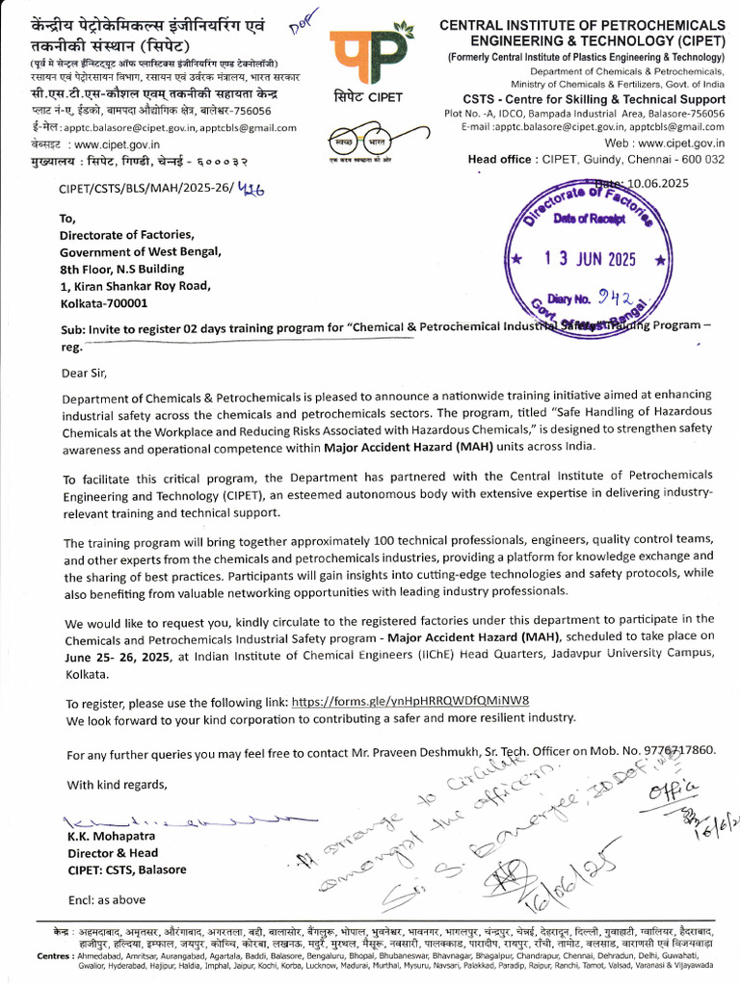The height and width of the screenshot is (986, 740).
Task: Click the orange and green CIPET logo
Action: [x=367, y=58]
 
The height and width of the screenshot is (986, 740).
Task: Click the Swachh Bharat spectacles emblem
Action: [x=367, y=143]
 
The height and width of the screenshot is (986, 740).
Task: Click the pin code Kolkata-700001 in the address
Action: [x=103, y=302]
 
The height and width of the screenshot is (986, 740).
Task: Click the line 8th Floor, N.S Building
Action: [x=121, y=269]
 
